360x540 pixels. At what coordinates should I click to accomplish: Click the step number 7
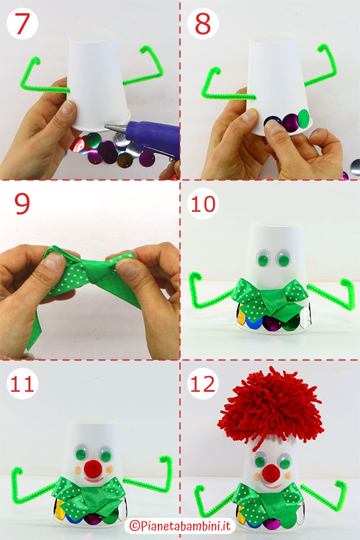click(22, 23)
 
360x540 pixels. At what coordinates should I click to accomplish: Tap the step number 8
click(203, 24)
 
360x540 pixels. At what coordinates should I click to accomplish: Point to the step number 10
click(203, 203)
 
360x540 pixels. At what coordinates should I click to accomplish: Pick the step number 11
click(22, 383)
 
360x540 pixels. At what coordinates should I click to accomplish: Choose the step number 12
click(203, 383)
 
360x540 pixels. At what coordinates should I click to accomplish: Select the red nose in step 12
click(271, 473)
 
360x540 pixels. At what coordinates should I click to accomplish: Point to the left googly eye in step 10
click(263, 257)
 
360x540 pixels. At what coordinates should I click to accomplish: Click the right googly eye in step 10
click(284, 258)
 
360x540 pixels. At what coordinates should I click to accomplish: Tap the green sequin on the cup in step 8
click(304, 118)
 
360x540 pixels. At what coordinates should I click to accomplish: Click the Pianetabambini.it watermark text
click(179, 525)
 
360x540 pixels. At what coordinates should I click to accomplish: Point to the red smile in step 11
click(94, 480)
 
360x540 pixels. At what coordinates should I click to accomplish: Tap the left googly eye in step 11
click(82, 452)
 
